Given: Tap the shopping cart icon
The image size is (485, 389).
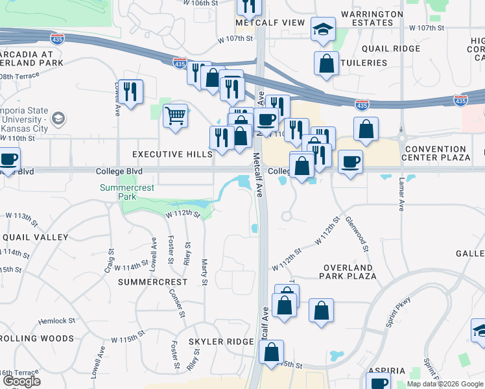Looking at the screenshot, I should tap(175, 116).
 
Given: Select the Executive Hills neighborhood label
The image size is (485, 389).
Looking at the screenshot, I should tap(172, 154).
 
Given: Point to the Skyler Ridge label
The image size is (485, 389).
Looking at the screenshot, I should tap(220, 342).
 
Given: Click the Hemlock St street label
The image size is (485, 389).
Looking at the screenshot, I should tap(57, 321).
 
